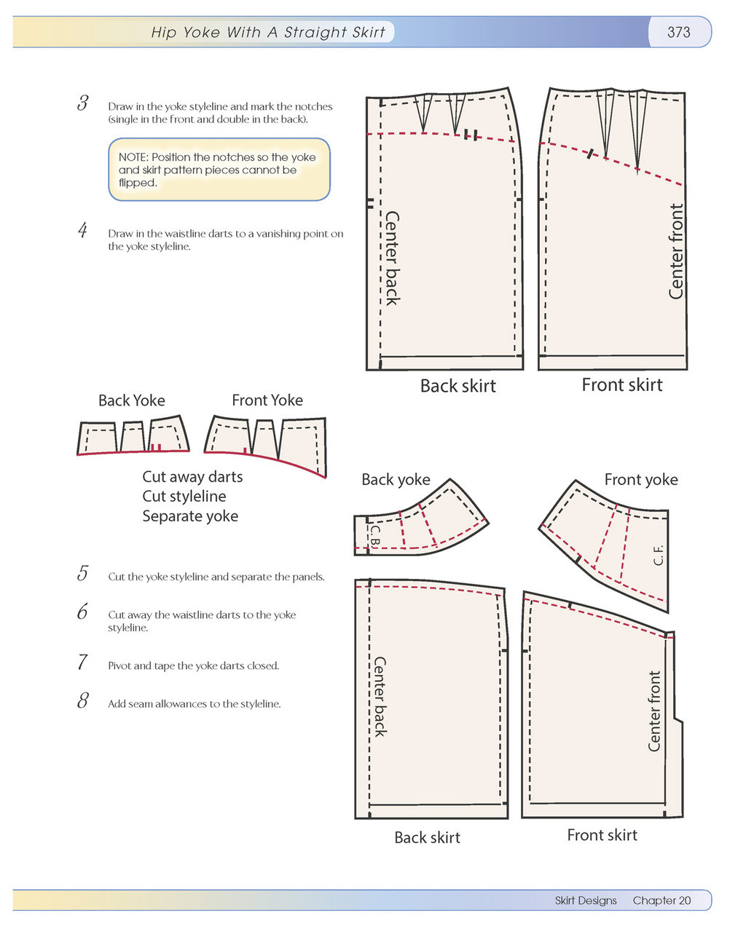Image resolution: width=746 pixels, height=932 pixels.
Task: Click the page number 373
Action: tap(678, 32)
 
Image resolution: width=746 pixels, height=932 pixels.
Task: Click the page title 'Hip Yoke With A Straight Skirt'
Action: tap(267, 32)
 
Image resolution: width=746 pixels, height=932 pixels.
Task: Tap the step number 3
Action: tap(83, 103)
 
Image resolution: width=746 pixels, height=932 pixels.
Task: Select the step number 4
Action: tap(83, 231)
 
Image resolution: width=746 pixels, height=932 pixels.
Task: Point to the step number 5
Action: tap(83, 574)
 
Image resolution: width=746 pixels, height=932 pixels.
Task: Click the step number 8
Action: tap(83, 701)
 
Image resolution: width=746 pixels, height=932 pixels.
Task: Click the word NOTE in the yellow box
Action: tap(133, 157)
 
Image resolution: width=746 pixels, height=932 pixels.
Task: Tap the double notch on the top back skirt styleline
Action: tap(471, 135)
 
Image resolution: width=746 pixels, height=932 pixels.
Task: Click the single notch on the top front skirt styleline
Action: tap(591, 154)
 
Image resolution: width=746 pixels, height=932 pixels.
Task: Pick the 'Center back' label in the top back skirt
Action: tap(392, 258)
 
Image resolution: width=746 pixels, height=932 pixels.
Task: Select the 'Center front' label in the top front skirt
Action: tap(676, 251)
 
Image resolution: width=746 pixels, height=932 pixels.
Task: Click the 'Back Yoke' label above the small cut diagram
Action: tap(132, 400)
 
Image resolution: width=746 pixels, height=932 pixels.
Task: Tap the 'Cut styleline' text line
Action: tap(184, 497)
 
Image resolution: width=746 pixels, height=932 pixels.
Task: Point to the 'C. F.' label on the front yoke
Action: tap(659, 555)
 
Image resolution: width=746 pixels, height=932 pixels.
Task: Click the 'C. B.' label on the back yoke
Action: tap(374, 537)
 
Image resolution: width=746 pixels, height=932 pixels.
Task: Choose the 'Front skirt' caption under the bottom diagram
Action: tap(602, 835)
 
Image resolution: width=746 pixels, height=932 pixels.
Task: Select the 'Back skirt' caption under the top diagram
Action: tap(458, 386)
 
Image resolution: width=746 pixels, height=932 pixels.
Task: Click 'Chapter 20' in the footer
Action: tap(661, 901)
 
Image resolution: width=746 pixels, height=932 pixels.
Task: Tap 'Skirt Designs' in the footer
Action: tap(586, 901)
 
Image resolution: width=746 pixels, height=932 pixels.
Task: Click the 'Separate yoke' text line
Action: tap(190, 516)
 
